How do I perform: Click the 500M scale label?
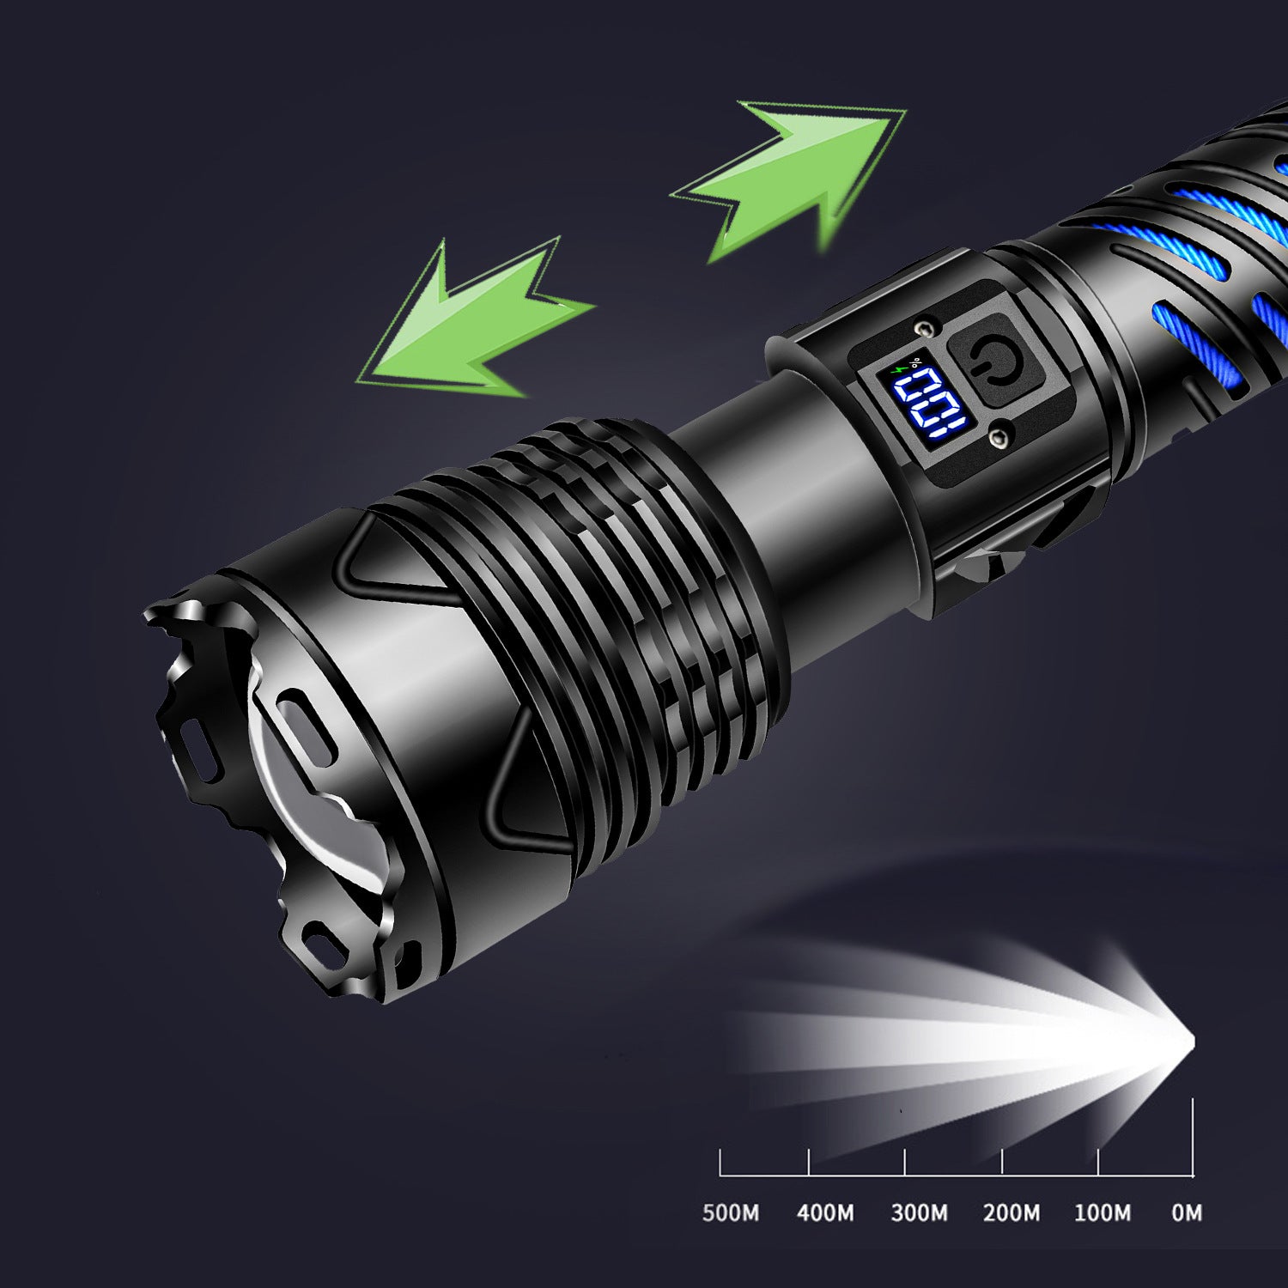(731, 1212)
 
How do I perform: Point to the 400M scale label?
(825, 1212)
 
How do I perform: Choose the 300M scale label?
(919, 1212)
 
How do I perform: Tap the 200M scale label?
(1012, 1212)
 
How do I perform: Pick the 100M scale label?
(1103, 1212)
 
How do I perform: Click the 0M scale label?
(1187, 1212)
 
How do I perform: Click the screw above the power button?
(925, 328)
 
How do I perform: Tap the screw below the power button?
(997, 439)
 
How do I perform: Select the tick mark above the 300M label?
(905, 1162)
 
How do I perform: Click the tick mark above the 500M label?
(720, 1162)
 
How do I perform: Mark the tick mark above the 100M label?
(1098, 1162)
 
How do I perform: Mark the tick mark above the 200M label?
(1002, 1162)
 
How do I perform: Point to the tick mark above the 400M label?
(809, 1162)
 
